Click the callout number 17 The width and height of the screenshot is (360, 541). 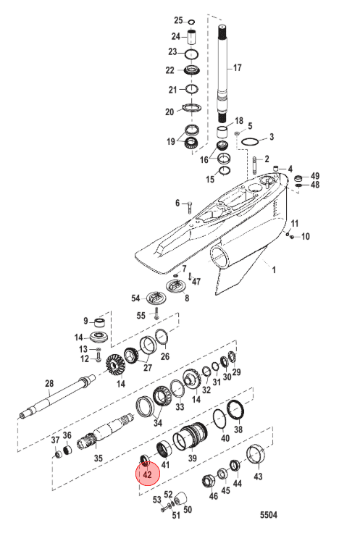(x=237, y=67)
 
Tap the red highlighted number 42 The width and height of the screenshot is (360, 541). (x=147, y=475)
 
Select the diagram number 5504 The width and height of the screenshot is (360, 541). (x=268, y=515)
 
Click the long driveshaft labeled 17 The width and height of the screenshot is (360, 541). (x=222, y=74)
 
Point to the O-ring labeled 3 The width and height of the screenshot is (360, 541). (x=250, y=142)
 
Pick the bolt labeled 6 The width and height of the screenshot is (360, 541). (x=190, y=207)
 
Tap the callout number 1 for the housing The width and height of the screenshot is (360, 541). (x=274, y=269)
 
